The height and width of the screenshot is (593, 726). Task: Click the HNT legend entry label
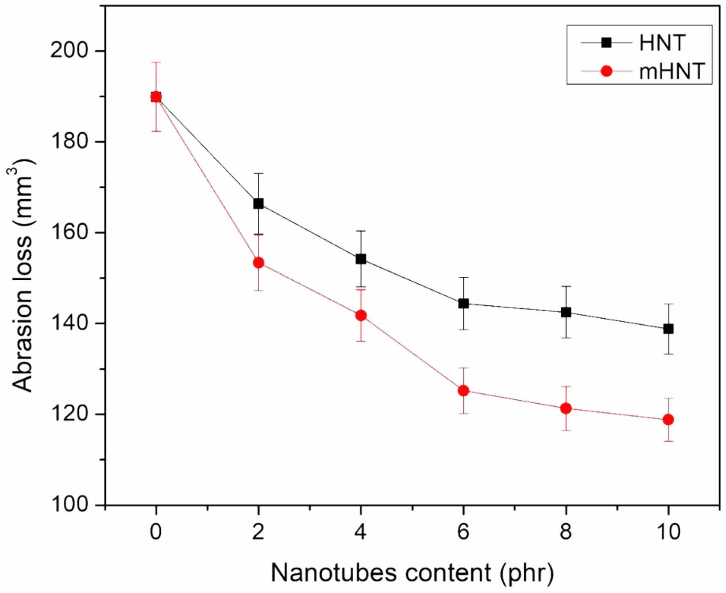662,43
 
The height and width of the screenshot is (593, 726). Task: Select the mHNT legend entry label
672,72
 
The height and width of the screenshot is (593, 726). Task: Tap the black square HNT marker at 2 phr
258,204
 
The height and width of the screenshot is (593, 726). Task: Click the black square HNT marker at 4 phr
361,259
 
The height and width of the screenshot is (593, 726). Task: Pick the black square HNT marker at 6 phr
463,303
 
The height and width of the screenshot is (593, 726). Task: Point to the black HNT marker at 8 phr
566,312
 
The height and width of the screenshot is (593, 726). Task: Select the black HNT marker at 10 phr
668,329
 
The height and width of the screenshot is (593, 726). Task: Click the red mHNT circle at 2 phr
258,263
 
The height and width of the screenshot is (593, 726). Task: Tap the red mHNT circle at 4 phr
361,315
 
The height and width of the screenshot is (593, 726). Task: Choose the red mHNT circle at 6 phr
463,390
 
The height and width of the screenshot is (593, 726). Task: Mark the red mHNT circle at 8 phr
566,408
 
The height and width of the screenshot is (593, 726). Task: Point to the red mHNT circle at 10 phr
668,419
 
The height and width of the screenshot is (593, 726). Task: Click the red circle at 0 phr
156,97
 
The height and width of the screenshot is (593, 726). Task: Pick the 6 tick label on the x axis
463,532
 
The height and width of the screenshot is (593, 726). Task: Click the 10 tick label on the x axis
668,532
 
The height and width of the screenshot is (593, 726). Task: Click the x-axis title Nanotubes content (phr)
412,573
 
